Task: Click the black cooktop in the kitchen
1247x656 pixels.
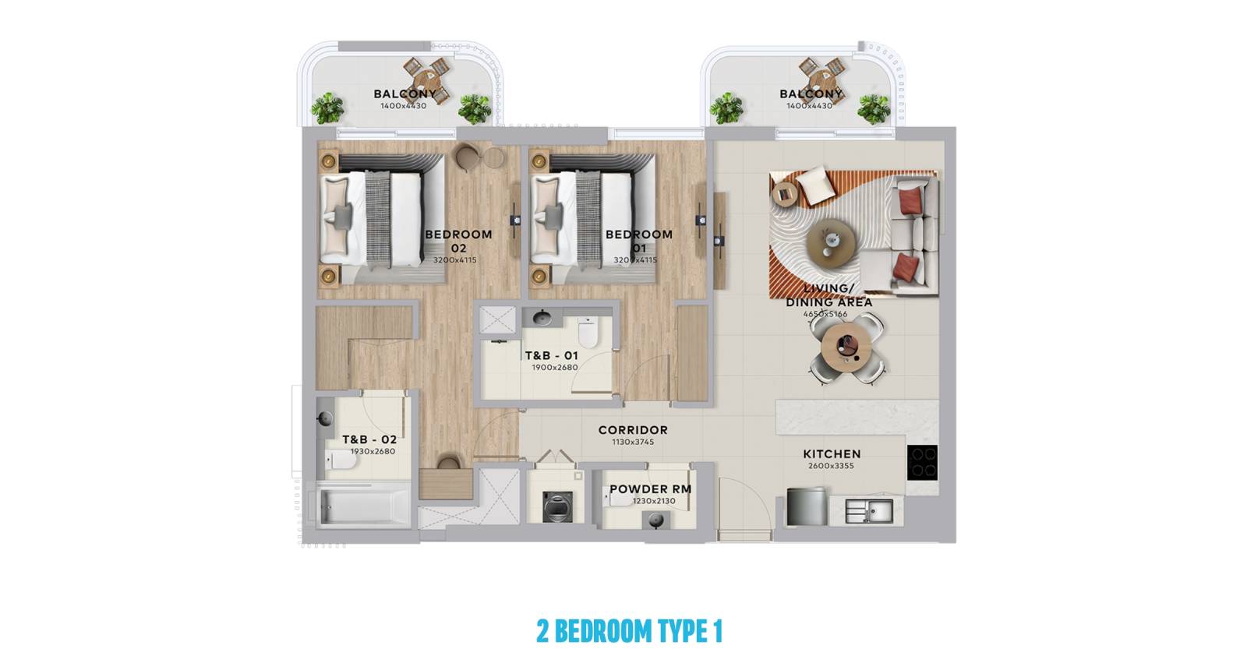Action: pyautogui.click(x=922, y=462)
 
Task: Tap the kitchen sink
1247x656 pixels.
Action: pyautogui.click(x=869, y=511)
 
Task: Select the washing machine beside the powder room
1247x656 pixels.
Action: pyautogui.click(x=557, y=507)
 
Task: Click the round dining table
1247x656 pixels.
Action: pyautogui.click(x=846, y=347)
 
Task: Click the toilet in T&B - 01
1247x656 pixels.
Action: pyautogui.click(x=588, y=332)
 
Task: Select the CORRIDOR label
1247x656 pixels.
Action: pyautogui.click(x=633, y=430)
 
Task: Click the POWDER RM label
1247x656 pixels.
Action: pyautogui.click(x=650, y=489)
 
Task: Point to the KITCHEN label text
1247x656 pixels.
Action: pyautogui.click(x=832, y=454)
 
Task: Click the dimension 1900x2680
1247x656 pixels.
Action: pyautogui.click(x=554, y=367)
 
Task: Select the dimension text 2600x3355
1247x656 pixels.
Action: pyautogui.click(x=831, y=466)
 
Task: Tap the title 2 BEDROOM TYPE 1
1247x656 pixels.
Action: pyautogui.click(x=629, y=631)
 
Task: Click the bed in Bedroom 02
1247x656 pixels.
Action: pyautogui.click(x=383, y=219)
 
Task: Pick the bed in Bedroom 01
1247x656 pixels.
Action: pyautogui.click(x=593, y=219)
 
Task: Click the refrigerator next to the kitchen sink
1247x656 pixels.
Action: pyautogui.click(x=806, y=506)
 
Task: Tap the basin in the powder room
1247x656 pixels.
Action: pyautogui.click(x=655, y=520)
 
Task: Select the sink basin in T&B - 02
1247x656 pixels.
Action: pyautogui.click(x=325, y=418)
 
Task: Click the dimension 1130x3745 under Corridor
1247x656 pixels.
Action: pyautogui.click(x=633, y=442)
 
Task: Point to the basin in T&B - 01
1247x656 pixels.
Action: pyautogui.click(x=542, y=318)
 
